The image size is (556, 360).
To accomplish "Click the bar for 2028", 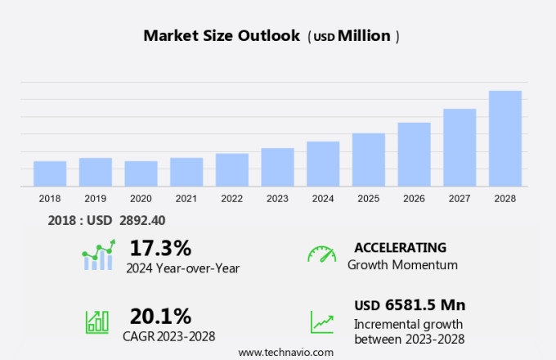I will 505,139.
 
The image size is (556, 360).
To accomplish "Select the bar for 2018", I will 50,174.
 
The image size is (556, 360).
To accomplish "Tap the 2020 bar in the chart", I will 141,174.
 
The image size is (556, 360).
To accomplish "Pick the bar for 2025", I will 369,160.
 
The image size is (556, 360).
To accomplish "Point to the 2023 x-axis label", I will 277,199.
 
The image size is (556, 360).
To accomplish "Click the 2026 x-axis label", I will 414,199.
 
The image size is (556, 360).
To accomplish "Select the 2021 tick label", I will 186,199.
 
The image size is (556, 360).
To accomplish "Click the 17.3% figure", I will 160,248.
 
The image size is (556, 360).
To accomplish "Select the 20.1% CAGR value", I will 160,316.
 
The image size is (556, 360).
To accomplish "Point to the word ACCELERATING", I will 400,247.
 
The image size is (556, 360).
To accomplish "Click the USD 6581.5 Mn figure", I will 410,305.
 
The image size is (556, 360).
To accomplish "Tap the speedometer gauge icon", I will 321,254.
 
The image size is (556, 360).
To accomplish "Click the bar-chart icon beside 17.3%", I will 98,256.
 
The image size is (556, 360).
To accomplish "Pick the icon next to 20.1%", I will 97,321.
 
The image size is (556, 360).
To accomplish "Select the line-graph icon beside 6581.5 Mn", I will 322,321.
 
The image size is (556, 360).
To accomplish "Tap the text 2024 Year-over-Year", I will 182,268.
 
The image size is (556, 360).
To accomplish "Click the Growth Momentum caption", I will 402,265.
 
